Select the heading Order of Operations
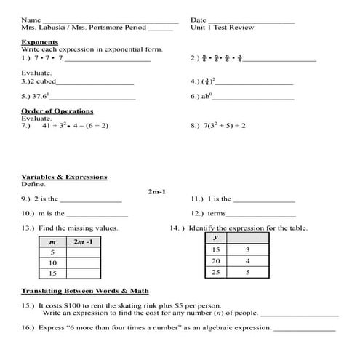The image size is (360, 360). click(x=57, y=111)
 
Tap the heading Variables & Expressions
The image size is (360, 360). click(x=64, y=177)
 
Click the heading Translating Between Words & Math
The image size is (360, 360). click(x=79, y=291)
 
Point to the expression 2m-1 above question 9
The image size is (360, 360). click(x=157, y=191)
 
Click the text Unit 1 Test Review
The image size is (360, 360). click(x=219, y=28)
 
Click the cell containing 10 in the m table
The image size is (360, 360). click(x=52, y=262)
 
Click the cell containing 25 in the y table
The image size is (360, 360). click(x=215, y=272)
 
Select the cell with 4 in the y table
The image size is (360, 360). click(x=247, y=260)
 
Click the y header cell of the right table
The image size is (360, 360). click(x=215, y=238)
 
